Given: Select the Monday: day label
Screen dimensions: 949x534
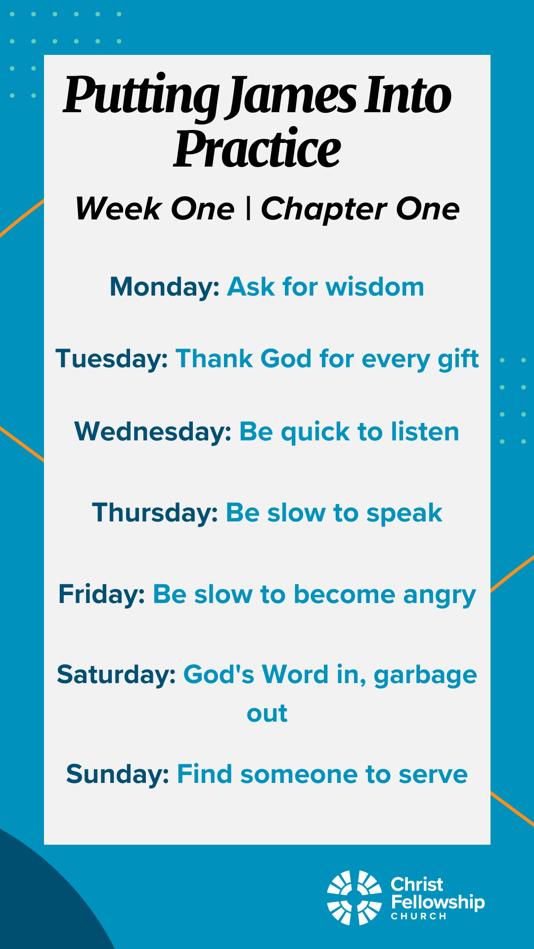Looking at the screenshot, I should pyautogui.click(x=165, y=287).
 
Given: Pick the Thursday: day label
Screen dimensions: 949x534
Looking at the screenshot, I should pyautogui.click(x=155, y=513).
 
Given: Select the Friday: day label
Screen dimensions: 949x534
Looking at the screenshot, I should pyautogui.click(x=102, y=594).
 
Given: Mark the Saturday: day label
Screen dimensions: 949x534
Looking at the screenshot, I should pyautogui.click(x=117, y=675).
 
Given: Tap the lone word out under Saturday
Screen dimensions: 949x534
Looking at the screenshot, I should pyautogui.click(x=267, y=713).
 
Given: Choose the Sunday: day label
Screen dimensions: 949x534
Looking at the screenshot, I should pyautogui.click(x=118, y=775).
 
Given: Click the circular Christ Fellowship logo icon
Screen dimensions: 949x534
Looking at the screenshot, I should pyautogui.click(x=354, y=898).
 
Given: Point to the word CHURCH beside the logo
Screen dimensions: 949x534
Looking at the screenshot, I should pyautogui.click(x=419, y=916).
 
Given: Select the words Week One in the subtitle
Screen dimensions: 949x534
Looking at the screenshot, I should pyautogui.click(x=155, y=209).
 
